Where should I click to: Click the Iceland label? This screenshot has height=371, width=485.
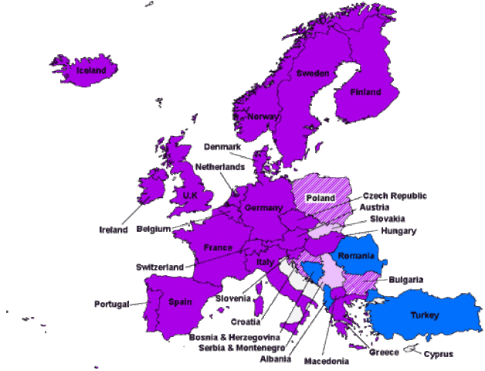[91, 71]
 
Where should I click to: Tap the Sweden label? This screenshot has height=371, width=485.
[314, 73]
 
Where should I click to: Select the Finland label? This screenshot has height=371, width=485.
[365, 92]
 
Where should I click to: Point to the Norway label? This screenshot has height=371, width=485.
[263, 117]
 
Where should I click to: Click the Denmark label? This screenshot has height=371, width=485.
[224, 146]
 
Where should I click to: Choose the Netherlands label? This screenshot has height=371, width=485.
[220, 166]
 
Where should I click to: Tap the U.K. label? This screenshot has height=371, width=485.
[191, 196]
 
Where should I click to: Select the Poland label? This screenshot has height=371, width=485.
[321, 198]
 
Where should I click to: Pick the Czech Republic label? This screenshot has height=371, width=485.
[394, 196]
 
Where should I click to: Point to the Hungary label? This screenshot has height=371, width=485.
[399, 230]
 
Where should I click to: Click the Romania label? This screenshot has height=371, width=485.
[356, 255]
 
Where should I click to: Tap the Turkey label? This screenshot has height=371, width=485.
[425, 315]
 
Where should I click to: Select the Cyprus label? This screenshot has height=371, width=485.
[439, 354]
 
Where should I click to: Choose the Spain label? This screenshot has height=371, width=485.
[181, 302]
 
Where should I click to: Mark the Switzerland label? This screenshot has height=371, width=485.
[160, 267]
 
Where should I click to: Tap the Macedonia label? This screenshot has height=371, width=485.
[326, 361]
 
